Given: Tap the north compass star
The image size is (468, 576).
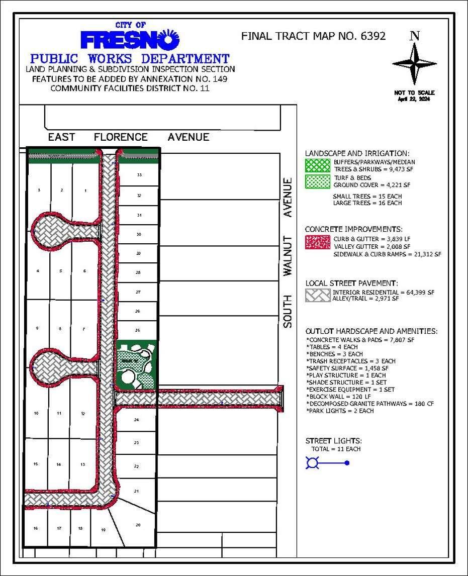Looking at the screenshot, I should [x=415, y=63].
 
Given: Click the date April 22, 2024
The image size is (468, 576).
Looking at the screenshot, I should [x=415, y=99].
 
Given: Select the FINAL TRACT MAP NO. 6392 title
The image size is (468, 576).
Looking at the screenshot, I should [x=313, y=36].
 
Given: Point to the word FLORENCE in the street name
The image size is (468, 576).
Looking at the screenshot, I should [x=121, y=137].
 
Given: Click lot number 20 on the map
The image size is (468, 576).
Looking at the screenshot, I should [x=138, y=525].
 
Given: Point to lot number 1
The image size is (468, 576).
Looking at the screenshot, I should [x=85, y=190].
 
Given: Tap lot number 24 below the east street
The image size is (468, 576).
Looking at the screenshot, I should [x=136, y=419].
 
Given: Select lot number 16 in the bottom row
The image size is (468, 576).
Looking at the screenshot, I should [x=36, y=528].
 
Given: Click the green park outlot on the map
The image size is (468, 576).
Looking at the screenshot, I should [x=136, y=364].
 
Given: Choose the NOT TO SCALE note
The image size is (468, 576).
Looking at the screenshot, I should [x=415, y=93].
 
